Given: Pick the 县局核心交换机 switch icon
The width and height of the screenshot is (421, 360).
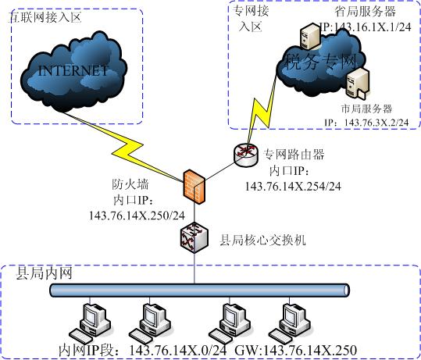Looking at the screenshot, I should coord(193,236).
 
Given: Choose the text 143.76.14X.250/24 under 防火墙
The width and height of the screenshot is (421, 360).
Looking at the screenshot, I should coord(148,215).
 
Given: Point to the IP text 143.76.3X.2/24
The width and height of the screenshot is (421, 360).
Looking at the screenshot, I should coord(372,123).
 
